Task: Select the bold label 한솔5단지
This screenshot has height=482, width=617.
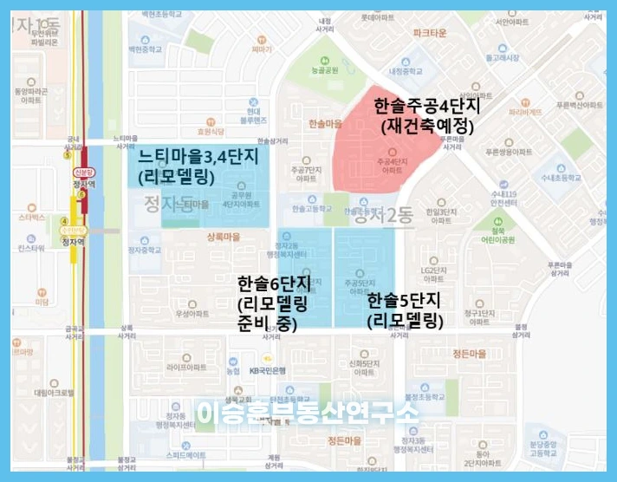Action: pos(405,302)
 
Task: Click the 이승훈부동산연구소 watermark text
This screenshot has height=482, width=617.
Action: pos(308,413)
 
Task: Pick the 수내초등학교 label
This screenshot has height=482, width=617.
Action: pos(583,180)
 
